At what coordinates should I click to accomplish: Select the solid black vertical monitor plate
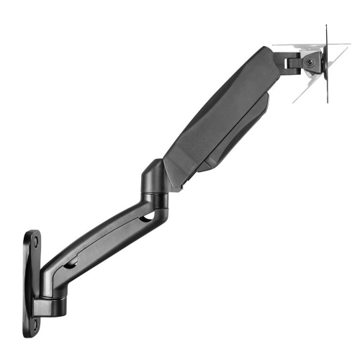point(327,65)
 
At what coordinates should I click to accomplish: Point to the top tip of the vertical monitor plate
point(327,27)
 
